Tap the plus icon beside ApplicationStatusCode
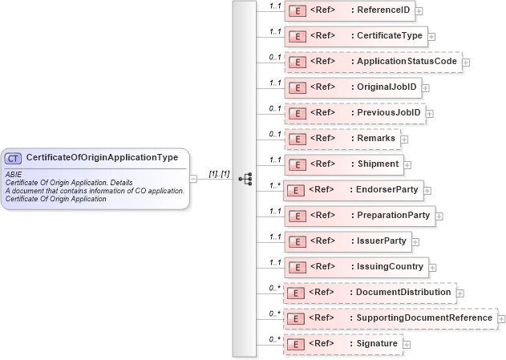point(466,63)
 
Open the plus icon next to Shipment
point(407,165)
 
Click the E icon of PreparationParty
point(297,216)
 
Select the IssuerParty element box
point(347,241)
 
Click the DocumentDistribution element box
point(369,293)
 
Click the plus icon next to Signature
point(407,345)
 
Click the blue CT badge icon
point(14,158)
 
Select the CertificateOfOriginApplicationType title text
point(102,158)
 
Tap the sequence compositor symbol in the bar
point(245,179)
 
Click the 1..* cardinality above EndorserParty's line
point(274,184)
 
